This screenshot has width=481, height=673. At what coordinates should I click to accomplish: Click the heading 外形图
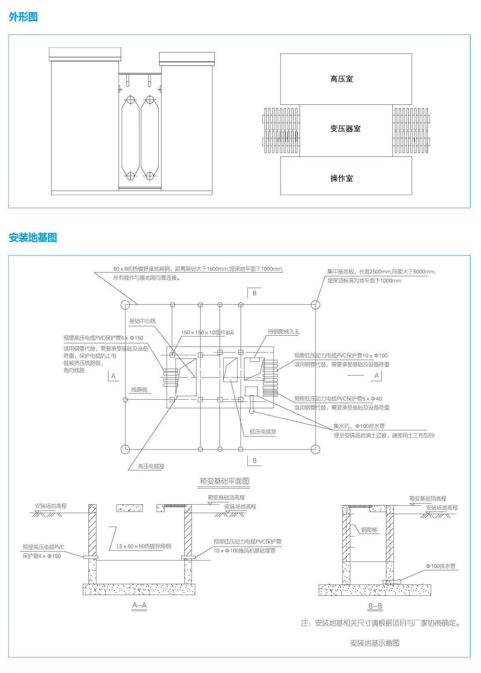click(23, 17)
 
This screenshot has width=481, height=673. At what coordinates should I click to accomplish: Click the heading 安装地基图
click(32, 237)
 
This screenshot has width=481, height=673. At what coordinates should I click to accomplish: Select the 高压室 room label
click(341, 79)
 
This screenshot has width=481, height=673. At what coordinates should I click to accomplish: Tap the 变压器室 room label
click(345, 129)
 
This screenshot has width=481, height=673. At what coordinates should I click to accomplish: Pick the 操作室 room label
click(341, 178)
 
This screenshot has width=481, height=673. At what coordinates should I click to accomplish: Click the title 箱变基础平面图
click(224, 481)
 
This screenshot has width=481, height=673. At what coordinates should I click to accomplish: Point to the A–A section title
click(139, 605)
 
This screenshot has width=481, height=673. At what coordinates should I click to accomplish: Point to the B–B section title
click(375, 606)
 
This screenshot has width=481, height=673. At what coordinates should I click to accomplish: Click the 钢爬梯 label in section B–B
click(369, 530)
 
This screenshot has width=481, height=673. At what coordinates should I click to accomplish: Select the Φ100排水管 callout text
click(440, 566)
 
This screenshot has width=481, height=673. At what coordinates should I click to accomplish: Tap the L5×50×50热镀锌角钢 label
click(144, 546)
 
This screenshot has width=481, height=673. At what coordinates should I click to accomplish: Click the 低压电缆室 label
click(263, 432)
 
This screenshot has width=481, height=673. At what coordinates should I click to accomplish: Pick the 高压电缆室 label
click(151, 466)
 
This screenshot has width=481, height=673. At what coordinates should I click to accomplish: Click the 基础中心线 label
click(142, 321)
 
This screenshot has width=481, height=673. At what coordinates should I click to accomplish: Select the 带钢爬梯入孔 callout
click(284, 332)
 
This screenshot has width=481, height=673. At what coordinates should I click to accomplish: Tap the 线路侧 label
click(139, 390)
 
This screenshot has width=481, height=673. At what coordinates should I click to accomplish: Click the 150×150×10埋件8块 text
click(207, 332)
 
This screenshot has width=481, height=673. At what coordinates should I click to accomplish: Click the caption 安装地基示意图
click(375, 643)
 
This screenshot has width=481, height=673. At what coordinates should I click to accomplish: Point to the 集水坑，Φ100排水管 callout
click(359, 426)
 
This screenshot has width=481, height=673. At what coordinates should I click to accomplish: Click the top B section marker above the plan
click(254, 293)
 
